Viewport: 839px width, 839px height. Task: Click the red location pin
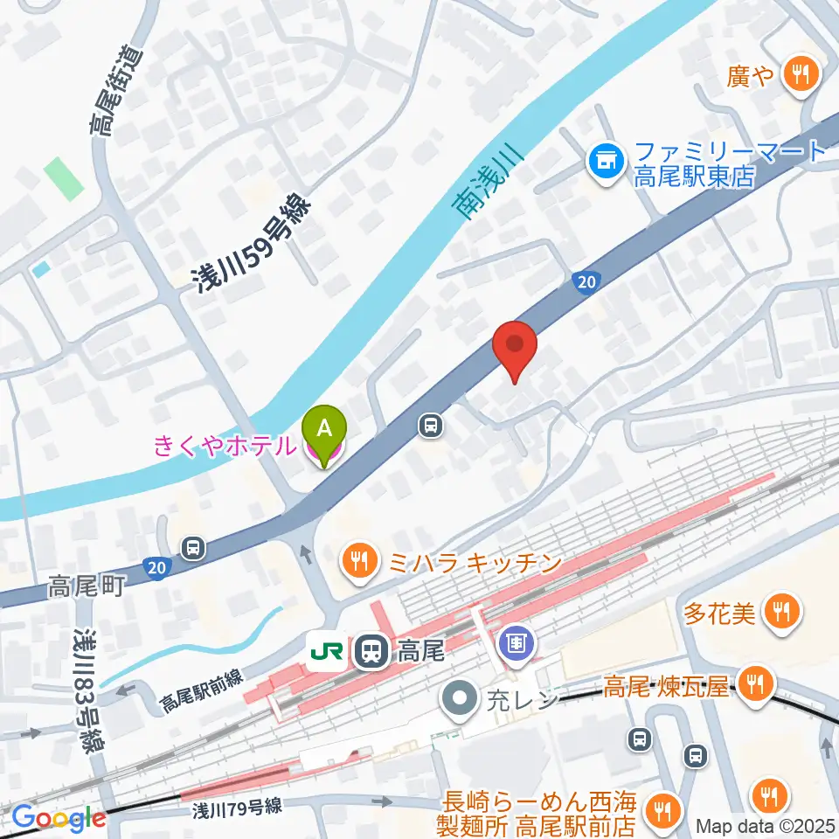514,348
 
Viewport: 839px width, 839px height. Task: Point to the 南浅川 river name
486,183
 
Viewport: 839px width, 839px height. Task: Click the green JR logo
325,651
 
